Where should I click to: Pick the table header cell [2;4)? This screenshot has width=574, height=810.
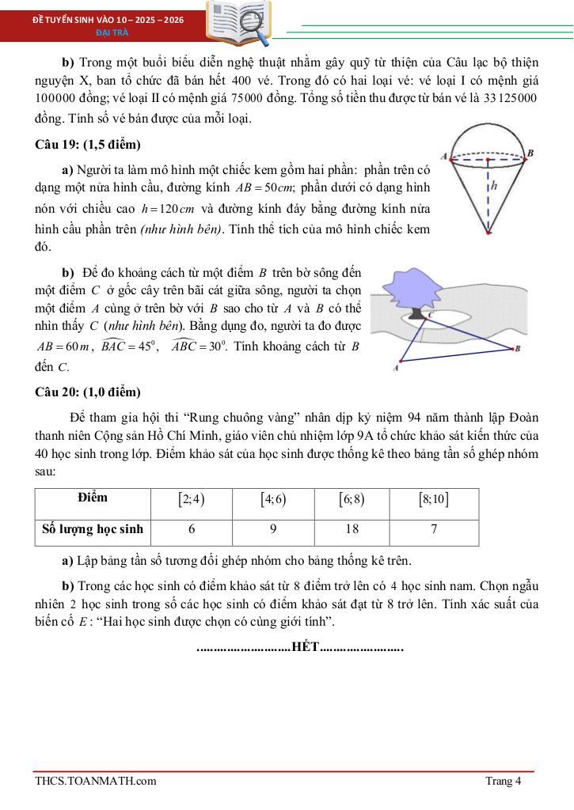point(192,499)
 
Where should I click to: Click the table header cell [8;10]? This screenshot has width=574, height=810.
point(434,499)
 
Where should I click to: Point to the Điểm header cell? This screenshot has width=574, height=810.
point(93,498)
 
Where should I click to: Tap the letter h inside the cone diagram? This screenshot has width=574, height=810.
point(494,187)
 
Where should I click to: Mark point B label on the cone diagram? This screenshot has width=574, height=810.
point(530,153)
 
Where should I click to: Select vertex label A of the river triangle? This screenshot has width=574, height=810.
point(396,368)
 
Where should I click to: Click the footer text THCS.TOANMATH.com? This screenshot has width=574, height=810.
point(95,782)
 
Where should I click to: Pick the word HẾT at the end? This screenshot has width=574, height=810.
point(305,648)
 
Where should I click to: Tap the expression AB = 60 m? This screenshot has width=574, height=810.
point(66,346)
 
